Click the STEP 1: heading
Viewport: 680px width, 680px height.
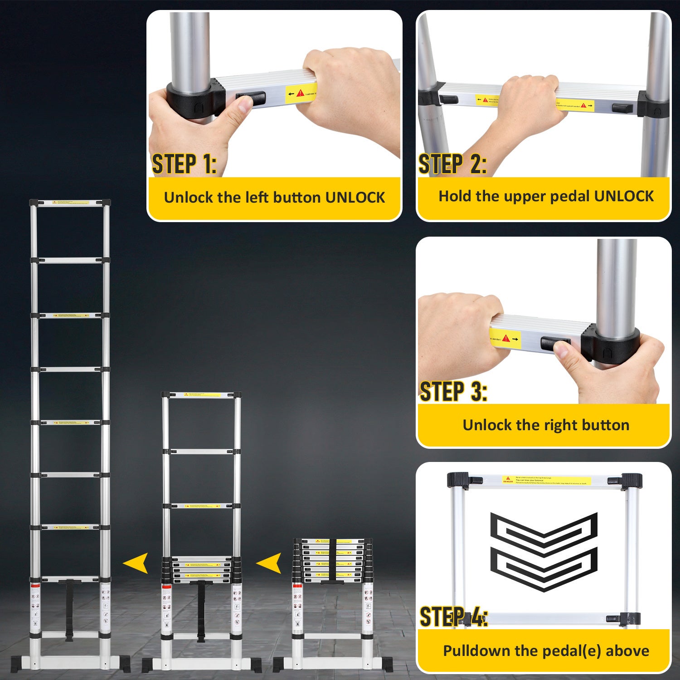[x=184, y=164]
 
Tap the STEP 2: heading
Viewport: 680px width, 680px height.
[x=452, y=164]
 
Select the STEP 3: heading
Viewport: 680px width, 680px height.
[x=453, y=391]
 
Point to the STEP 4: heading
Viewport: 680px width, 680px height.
[x=453, y=617]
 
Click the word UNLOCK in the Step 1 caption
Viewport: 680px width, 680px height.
[x=355, y=198]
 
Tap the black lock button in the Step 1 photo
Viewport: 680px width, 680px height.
[x=250, y=98]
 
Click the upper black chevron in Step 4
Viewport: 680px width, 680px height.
[x=544, y=531]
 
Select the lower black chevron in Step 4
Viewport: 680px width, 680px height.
[x=544, y=569]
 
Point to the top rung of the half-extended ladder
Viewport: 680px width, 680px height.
[x=201, y=395]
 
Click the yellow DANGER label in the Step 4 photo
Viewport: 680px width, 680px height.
[x=546, y=480]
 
